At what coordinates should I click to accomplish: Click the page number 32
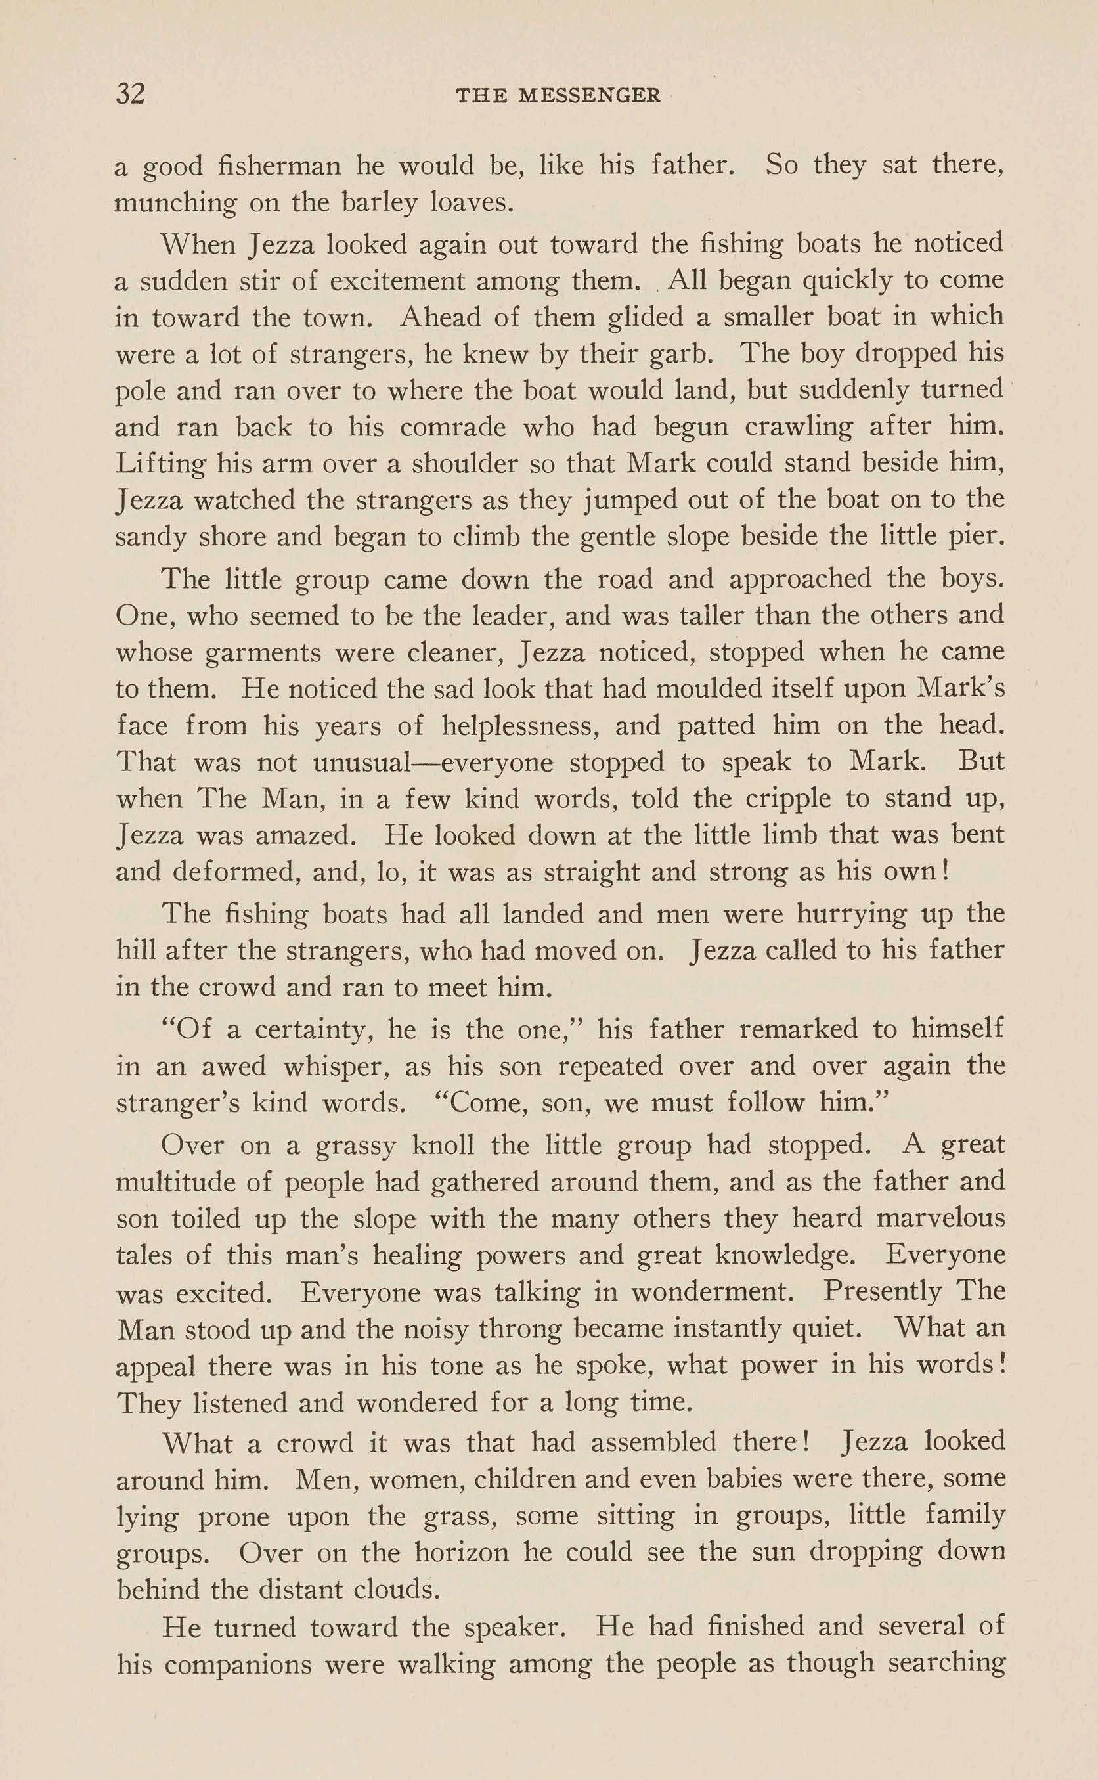point(131,95)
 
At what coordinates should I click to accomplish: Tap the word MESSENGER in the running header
point(590,96)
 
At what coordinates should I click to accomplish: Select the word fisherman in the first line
point(280,166)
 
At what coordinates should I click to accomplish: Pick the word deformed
point(236,872)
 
